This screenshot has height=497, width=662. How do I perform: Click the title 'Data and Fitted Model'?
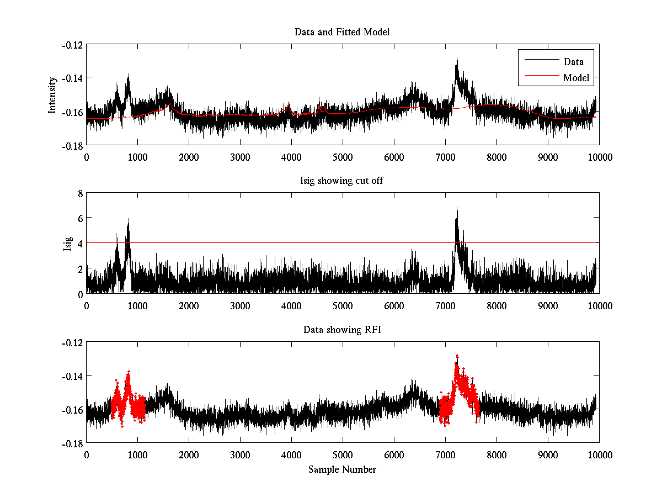pos(342,32)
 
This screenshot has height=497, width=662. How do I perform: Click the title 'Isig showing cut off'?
pos(342,181)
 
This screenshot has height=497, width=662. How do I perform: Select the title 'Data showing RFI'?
pos(342,330)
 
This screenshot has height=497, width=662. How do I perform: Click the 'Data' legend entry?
pos(573,62)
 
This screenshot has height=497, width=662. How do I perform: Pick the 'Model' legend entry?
pos(576,78)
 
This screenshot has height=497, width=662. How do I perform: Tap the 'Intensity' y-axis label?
pos(52,94)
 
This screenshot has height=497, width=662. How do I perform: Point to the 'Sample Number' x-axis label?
pos(342,469)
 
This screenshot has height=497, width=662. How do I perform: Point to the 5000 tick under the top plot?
pos(342,156)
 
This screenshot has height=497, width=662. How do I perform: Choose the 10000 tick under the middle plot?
pos(599,305)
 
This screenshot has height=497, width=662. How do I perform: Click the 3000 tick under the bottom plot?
pos(239,454)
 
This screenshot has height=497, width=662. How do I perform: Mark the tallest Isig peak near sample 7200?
pos(456,208)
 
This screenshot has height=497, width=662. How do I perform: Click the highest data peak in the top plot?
pos(456,59)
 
